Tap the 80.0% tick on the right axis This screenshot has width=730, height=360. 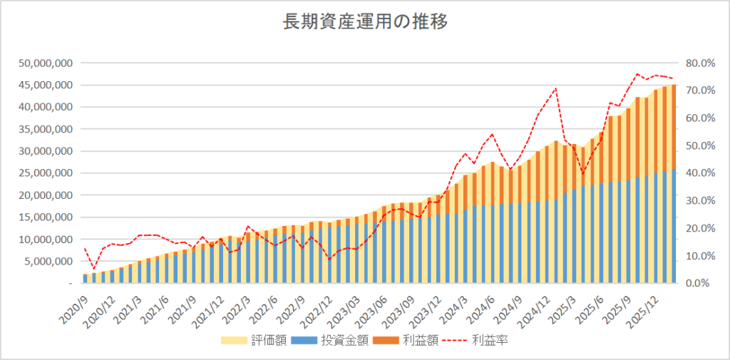tap(699, 63)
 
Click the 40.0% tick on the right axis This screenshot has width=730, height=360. tap(699, 173)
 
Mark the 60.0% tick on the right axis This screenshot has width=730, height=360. tap(699, 118)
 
